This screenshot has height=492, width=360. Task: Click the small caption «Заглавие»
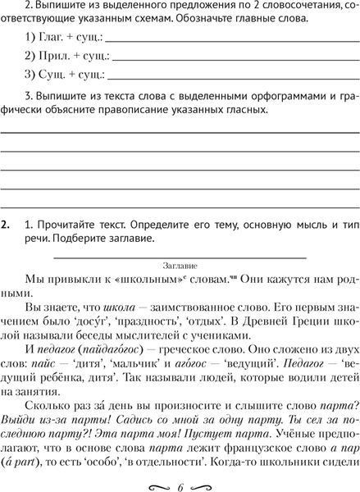coord(180,265)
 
